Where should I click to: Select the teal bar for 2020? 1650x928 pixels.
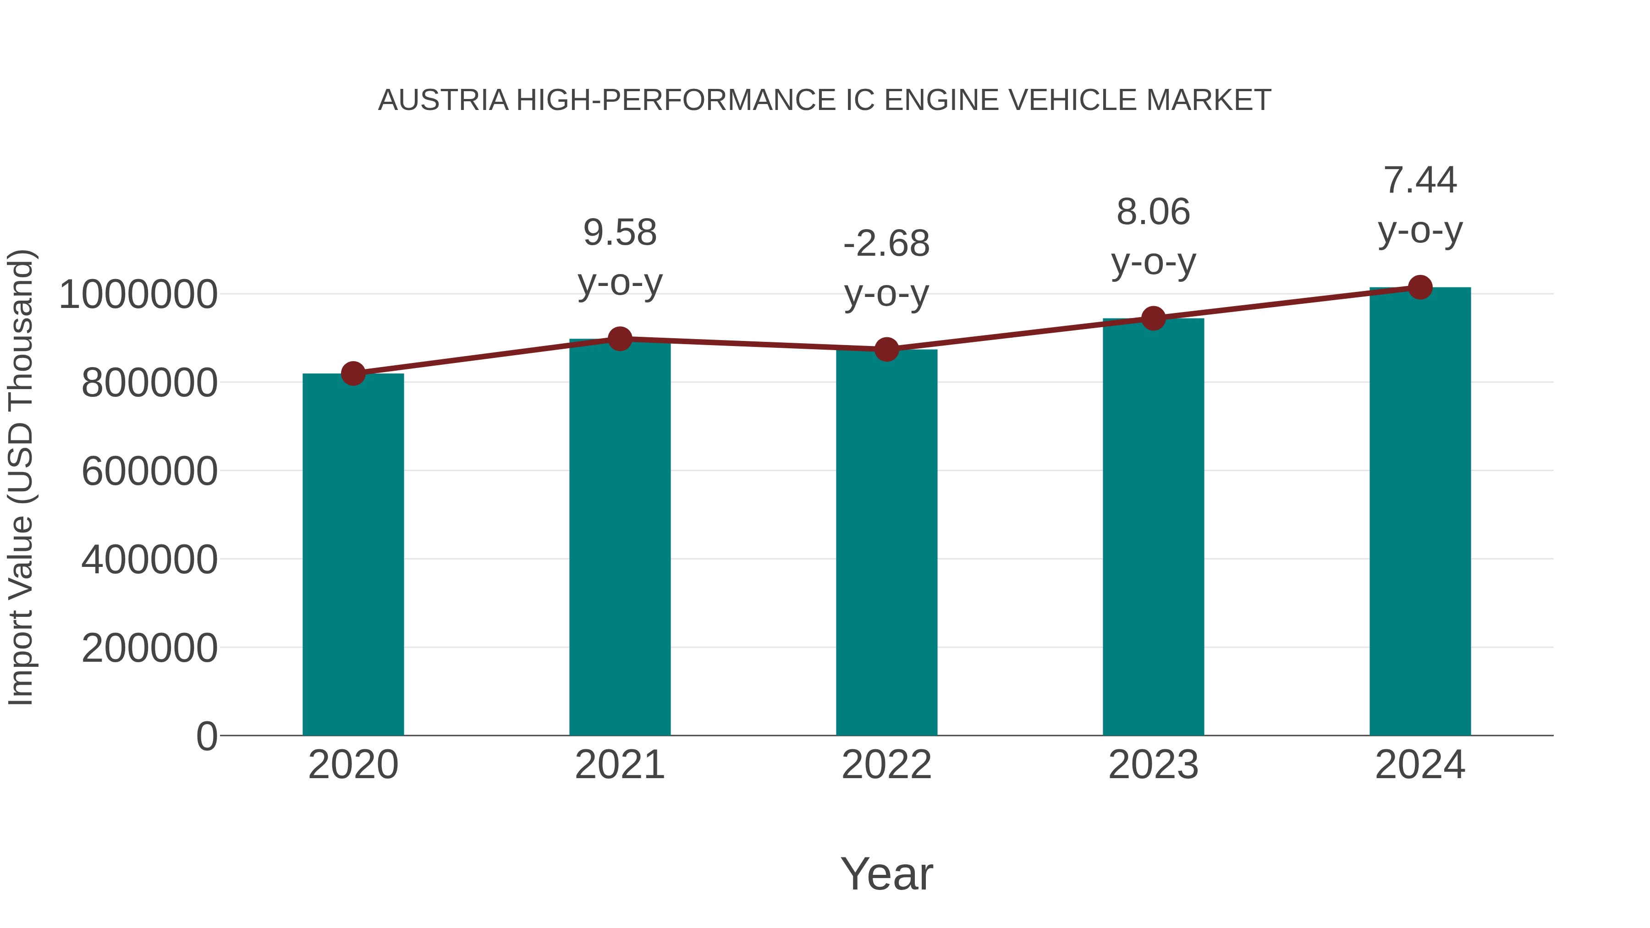[353, 554]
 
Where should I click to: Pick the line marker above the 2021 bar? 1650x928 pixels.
[619, 339]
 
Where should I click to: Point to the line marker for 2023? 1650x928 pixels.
[1153, 318]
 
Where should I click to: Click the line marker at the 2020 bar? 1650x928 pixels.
[353, 373]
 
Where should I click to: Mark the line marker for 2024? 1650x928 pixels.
[1420, 287]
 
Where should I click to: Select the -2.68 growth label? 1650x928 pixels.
[886, 244]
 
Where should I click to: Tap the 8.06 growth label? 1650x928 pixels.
[1153, 212]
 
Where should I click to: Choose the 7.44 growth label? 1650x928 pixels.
[1420, 180]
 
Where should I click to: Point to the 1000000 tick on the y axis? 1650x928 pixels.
[137, 295]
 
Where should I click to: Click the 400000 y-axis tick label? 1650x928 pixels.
[149, 560]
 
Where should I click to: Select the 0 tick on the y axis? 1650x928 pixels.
[206, 736]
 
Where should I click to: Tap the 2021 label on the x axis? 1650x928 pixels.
[619, 765]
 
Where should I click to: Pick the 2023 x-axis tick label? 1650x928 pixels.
[1153, 765]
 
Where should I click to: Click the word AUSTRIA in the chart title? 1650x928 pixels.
[443, 100]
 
